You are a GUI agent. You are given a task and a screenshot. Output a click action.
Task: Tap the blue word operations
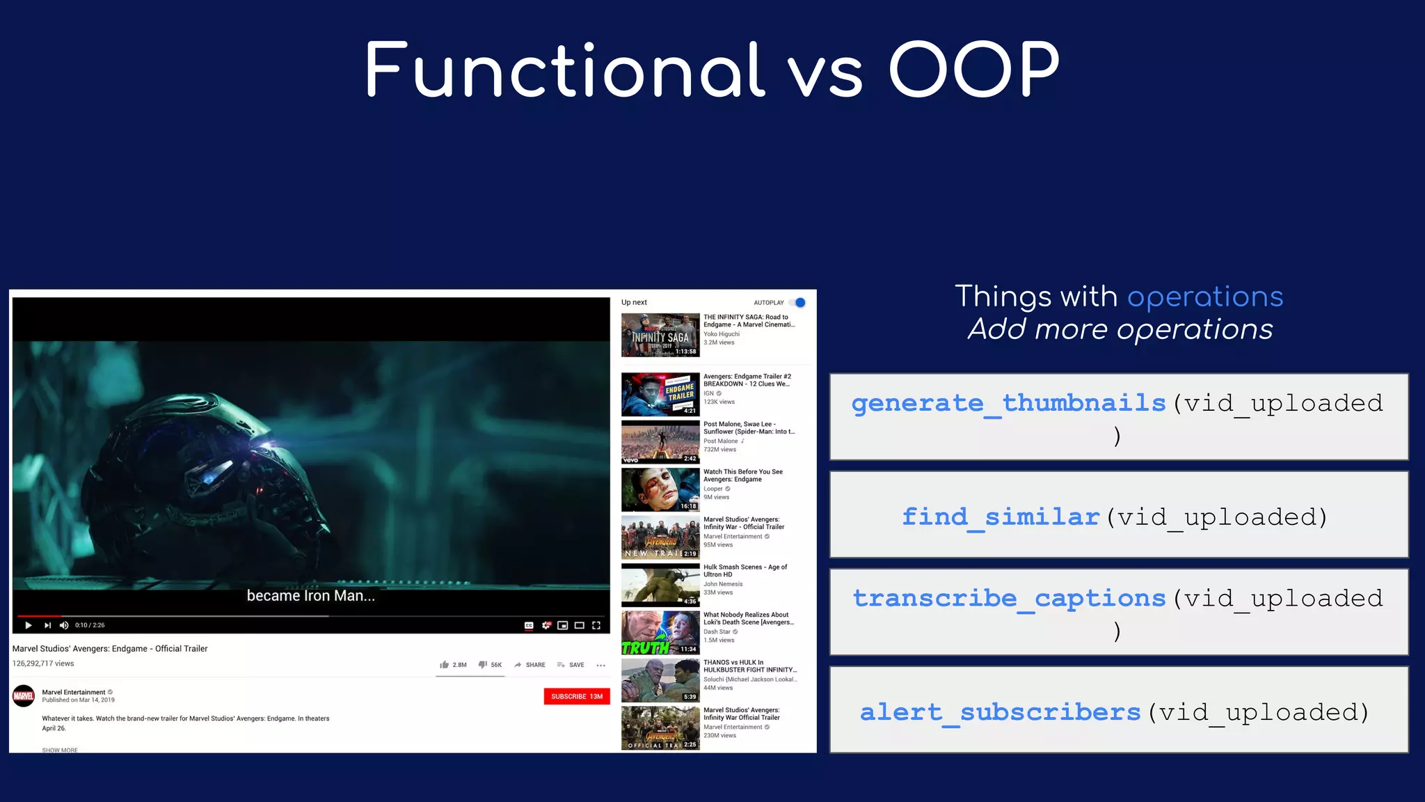[1204, 297]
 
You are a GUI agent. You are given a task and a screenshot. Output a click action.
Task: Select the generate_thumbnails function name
[1008, 403]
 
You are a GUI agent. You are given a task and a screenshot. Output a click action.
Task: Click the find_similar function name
[1000, 517]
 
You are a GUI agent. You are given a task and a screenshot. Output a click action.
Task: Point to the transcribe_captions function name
[1009, 599]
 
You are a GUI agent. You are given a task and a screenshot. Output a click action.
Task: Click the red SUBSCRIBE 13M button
[576, 696]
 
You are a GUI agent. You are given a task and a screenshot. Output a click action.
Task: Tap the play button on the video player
[28, 625]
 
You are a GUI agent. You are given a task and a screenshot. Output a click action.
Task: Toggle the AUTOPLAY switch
[798, 303]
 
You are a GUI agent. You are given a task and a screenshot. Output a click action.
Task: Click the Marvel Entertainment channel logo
[24, 695]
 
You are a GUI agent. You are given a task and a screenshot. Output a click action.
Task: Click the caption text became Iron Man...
[310, 596]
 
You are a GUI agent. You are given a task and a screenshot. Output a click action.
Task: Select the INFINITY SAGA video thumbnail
[660, 335]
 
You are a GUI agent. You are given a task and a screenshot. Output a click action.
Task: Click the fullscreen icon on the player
[596, 625]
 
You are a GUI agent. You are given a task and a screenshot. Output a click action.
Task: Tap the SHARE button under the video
[530, 665]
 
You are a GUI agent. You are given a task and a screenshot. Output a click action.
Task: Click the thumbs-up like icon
[444, 665]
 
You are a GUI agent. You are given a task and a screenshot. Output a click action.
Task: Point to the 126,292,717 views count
[43, 663]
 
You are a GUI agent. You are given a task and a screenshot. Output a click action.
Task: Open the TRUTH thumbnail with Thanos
[660, 633]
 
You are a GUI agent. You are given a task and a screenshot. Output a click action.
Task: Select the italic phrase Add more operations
[1120, 329]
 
